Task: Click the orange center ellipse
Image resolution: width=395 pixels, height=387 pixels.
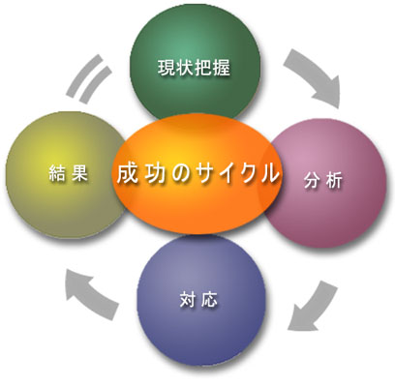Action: click(x=196, y=174)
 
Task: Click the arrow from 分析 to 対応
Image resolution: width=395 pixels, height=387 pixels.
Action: click(x=312, y=308)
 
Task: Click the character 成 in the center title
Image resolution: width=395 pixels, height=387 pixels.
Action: click(x=128, y=173)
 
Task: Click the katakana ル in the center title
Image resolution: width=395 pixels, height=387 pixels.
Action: click(x=268, y=173)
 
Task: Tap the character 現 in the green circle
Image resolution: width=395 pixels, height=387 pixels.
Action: click(x=167, y=68)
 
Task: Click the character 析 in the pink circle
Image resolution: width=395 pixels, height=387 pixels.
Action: click(x=334, y=182)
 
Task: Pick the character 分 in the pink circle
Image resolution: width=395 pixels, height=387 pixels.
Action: click(x=312, y=182)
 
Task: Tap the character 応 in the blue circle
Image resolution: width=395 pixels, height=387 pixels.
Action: click(x=209, y=299)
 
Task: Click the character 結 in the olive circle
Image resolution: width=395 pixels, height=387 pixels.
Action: click(x=57, y=174)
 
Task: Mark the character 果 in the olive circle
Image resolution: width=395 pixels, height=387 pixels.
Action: click(x=79, y=174)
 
